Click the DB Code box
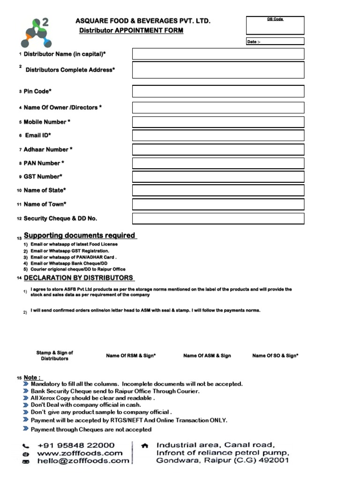tap(275, 25)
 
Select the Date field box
tap(275, 42)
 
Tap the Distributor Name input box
tap(218, 54)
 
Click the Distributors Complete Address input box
tap(218, 70)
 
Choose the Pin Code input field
tap(218, 91)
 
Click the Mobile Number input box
tap(218, 122)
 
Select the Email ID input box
tap(218, 135)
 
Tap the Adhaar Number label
tap(48, 150)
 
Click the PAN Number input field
tap(218, 163)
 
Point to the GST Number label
tap(43, 177)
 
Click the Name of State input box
tap(218, 190)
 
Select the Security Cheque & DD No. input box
tap(218, 218)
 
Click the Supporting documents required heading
tap(80, 235)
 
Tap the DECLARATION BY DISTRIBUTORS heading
tap(78, 278)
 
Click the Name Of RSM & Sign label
tap(131, 356)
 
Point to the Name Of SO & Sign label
tap(275, 356)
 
